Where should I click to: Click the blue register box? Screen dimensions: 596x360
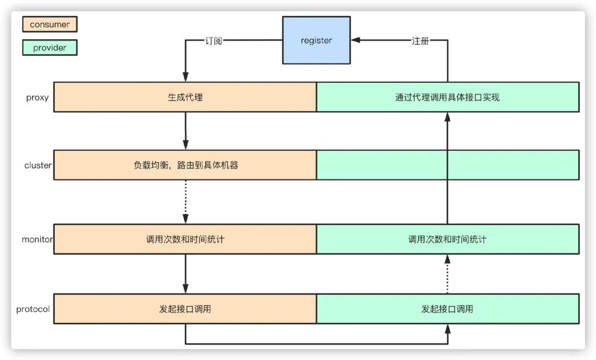pyautogui.click(x=316, y=40)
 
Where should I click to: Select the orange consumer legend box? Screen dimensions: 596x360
pyautogui.click(x=50, y=24)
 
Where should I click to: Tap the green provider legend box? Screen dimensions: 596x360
pyautogui.click(x=50, y=47)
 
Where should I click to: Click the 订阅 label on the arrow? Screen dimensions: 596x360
pyautogui.click(x=214, y=41)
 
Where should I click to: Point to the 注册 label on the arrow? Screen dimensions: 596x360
pyautogui.click(x=421, y=41)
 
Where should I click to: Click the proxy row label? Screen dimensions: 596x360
pyautogui.click(x=38, y=98)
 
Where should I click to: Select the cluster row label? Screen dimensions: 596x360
pyautogui.click(x=38, y=165)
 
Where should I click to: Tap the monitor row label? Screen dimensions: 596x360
pyautogui.click(x=38, y=240)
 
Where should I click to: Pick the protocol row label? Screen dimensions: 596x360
pyautogui.click(x=33, y=309)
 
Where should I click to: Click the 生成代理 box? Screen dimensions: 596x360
pyautogui.click(x=185, y=97)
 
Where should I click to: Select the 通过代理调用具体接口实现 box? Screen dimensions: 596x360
pyautogui.click(x=448, y=97)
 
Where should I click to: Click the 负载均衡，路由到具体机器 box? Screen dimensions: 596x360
pyautogui.click(x=185, y=165)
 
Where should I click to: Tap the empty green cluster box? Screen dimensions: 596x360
pyautogui.click(x=448, y=165)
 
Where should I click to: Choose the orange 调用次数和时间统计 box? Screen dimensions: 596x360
pyautogui.click(x=185, y=239)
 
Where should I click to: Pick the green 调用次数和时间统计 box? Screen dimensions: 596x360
pyautogui.click(x=448, y=239)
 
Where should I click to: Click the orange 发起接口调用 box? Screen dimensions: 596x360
pyautogui.click(x=185, y=309)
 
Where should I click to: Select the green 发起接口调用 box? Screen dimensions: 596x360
pyautogui.click(x=448, y=309)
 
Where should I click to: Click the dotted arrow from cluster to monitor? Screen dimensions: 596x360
pyautogui.click(x=185, y=202)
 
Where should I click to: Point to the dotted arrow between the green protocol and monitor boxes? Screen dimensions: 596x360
pyautogui.click(x=448, y=274)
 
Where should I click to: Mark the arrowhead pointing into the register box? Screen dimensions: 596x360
pyautogui.click(x=355, y=40)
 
